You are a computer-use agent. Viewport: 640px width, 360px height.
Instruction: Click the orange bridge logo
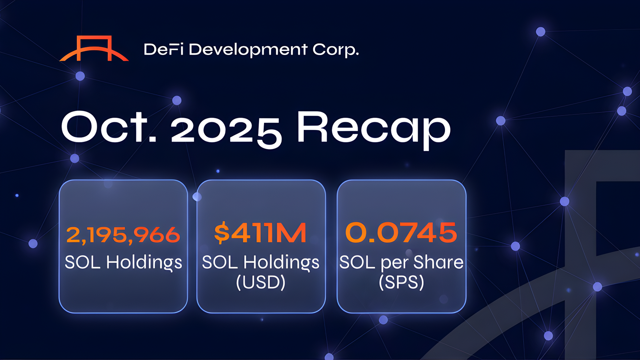point(94,49)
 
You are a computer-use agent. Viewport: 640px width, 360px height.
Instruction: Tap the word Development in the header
point(248,50)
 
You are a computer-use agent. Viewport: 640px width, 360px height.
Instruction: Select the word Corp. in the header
point(335,50)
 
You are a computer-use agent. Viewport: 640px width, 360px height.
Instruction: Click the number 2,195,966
point(123,235)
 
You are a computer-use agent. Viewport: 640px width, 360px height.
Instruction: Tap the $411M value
point(260,233)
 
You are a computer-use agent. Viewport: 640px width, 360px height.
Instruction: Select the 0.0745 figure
point(401,233)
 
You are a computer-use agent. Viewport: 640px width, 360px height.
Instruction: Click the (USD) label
point(261,282)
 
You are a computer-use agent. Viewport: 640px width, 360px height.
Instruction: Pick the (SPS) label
point(401,282)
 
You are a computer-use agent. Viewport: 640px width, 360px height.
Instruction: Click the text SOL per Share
point(401,262)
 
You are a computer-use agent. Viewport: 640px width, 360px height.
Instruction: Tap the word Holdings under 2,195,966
point(144,262)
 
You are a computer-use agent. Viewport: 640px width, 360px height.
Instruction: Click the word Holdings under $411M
point(281,262)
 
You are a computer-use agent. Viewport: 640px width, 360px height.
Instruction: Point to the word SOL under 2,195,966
point(82,262)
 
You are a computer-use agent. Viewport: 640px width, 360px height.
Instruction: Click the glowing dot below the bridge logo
point(80,76)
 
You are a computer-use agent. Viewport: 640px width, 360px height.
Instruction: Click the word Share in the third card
point(438,262)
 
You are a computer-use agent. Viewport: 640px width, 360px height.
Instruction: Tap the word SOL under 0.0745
point(357,262)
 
